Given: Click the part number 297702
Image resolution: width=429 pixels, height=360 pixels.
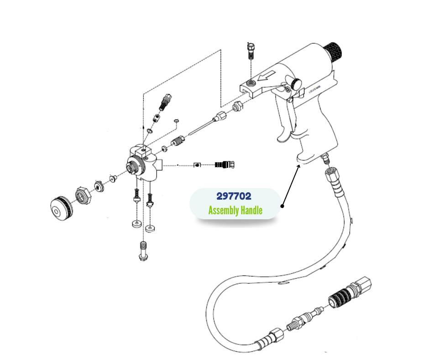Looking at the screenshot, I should [234, 197].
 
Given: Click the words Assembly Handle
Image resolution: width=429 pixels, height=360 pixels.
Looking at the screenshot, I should [235, 211].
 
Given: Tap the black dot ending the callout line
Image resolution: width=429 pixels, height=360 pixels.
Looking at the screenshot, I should [283, 206].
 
